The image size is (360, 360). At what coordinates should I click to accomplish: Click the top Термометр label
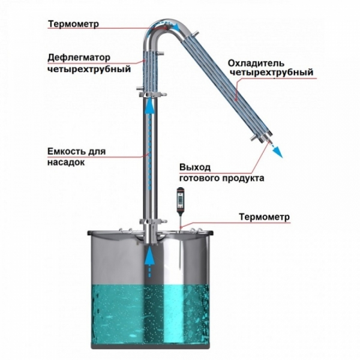[73, 24]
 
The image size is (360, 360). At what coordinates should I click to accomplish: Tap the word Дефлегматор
[79, 58]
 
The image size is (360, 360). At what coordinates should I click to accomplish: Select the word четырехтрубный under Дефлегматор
[89, 69]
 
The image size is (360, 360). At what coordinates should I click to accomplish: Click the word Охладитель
[256, 63]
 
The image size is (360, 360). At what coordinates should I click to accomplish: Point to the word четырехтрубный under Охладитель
[272, 73]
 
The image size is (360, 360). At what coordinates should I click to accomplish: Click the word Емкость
[64, 152]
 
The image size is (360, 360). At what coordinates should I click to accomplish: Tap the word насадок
[65, 163]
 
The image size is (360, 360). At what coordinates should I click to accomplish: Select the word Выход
[195, 167]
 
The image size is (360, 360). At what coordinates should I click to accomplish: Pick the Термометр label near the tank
[264, 217]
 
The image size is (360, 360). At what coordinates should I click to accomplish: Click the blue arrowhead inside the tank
[149, 254]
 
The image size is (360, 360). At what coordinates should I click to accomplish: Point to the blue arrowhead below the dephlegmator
[149, 104]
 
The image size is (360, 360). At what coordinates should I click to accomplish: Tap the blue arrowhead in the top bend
[176, 26]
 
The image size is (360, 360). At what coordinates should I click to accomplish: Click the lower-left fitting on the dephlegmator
[140, 88]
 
